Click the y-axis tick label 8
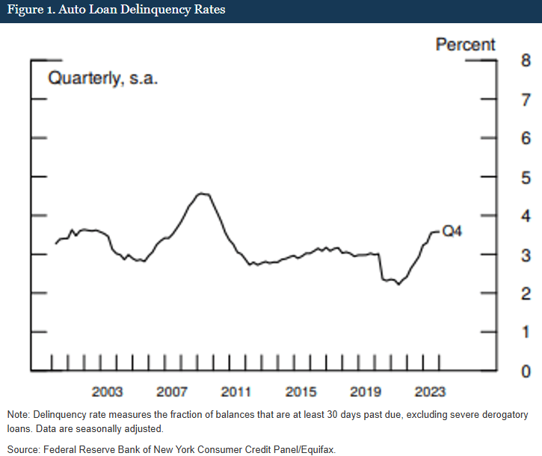[505, 61]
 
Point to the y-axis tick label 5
[505, 178]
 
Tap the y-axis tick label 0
[505, 372]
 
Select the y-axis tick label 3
[505, 256]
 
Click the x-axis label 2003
[107, 392]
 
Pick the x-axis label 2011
[236, 392]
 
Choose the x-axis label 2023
[431, 392]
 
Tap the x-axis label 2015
[301, 392]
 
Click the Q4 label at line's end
[452, 232]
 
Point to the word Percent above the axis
[465, 45]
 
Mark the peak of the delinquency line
[200, 194]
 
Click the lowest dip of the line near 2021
[398, 284]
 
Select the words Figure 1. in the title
[29, 10]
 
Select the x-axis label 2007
[172, 392]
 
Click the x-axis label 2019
[366, 392]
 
